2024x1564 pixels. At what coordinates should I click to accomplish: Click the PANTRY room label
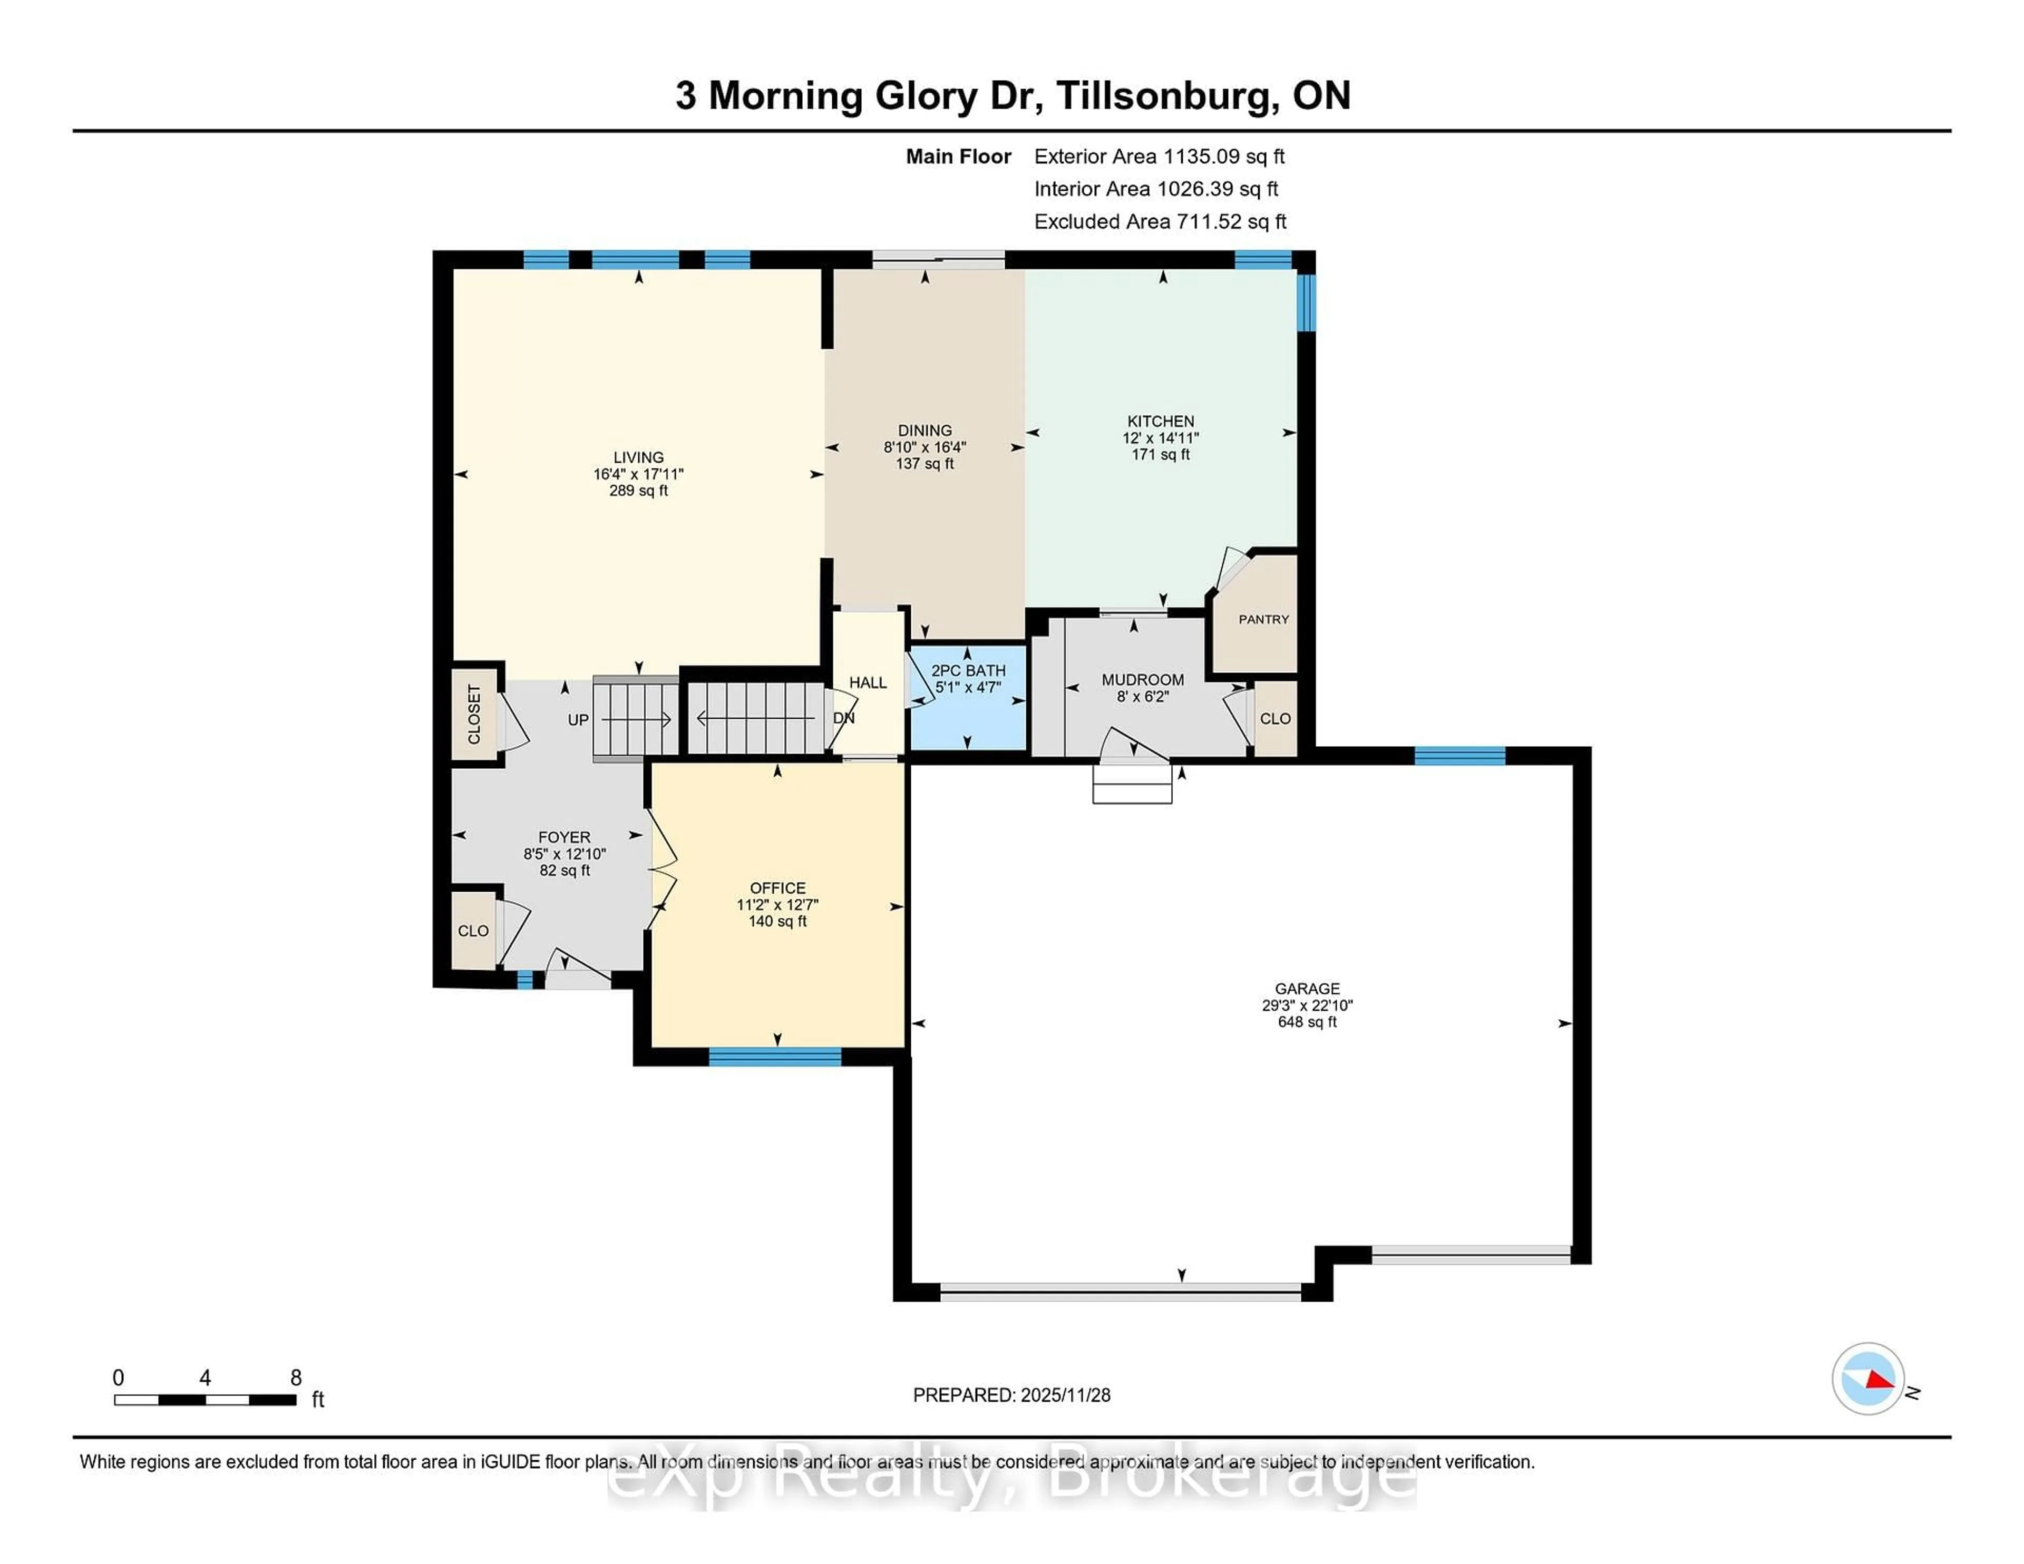pyautogui.click(x=1263, y=619)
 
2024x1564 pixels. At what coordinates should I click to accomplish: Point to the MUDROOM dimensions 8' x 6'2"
pyautogui.click(x=1143, y=697)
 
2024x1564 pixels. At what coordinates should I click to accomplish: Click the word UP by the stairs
pyautogui.click(x=578, y=720)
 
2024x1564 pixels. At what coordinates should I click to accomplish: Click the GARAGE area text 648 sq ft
pyautogui.click(x=1307, y=1022)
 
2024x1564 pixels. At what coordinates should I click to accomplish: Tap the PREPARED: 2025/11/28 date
pyautogui.click(x=1011, y=1394)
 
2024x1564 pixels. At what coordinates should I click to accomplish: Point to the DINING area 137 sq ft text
pyautogui.click(x=924, y=463)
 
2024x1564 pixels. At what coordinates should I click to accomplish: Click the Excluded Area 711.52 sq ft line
pyautogui.click(x=1160, y=221)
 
